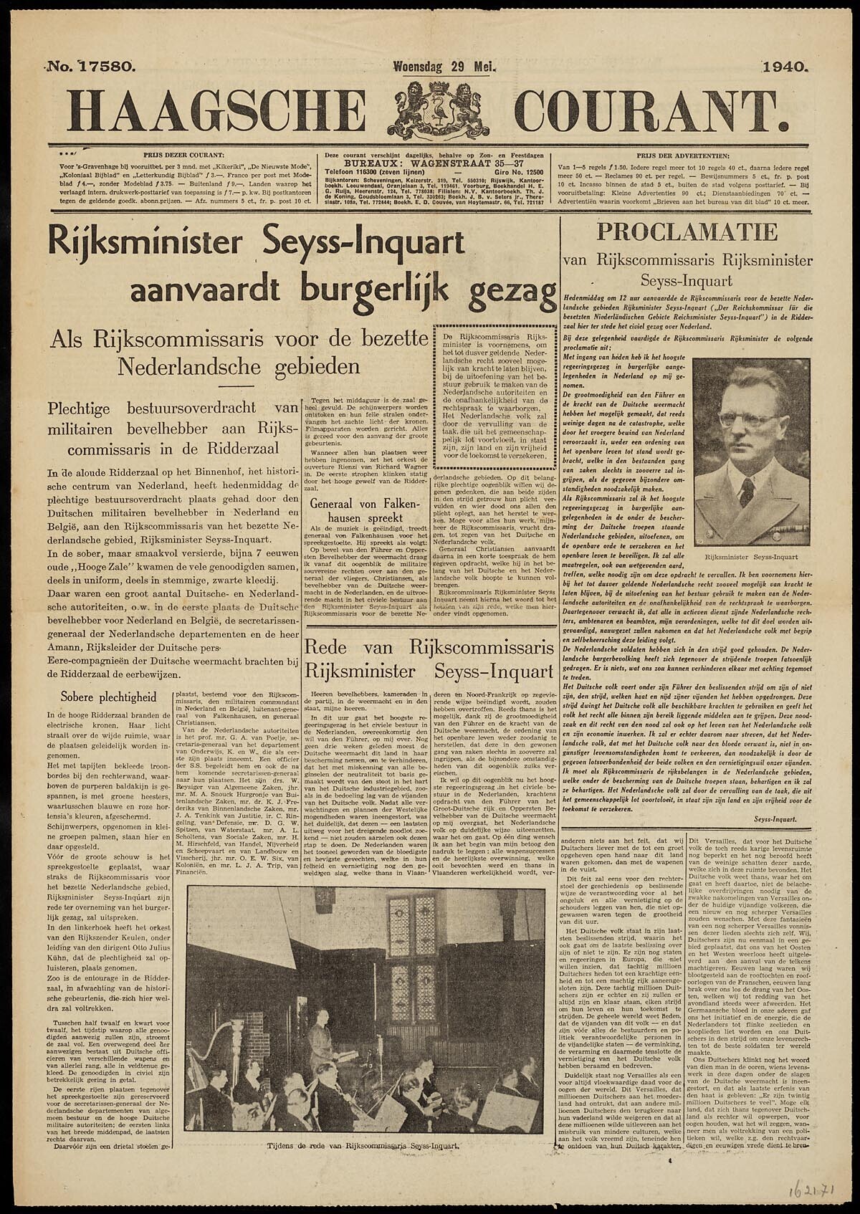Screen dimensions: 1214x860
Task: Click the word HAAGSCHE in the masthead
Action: (219, 110)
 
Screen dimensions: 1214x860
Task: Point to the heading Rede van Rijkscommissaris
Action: (429, 658)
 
